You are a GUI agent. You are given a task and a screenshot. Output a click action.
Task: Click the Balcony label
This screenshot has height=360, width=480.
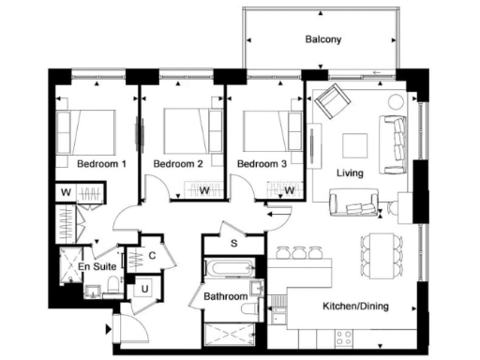coord(322,40)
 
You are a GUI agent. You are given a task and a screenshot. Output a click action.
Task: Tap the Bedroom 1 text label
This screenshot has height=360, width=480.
coord(102,163)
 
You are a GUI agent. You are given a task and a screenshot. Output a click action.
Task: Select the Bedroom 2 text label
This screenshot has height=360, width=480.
coord(178,163)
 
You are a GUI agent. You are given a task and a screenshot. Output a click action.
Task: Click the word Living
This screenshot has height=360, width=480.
coord(350,172)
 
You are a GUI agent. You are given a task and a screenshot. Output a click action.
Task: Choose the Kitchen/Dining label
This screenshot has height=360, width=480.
coord(355,307)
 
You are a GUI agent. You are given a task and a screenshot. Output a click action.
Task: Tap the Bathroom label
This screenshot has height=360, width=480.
coord(226,297)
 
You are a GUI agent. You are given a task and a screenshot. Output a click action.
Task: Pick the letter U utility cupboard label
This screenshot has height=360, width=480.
coord(145,289)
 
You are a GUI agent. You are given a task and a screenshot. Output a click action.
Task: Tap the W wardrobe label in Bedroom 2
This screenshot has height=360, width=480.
coord(203,190)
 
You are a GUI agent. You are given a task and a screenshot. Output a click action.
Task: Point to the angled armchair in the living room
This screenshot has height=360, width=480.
coord(331,103)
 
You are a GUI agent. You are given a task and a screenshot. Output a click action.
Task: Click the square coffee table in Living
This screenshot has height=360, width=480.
coord(354,145)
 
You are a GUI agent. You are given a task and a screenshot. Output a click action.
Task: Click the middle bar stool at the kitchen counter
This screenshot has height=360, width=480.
coord(299,251)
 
